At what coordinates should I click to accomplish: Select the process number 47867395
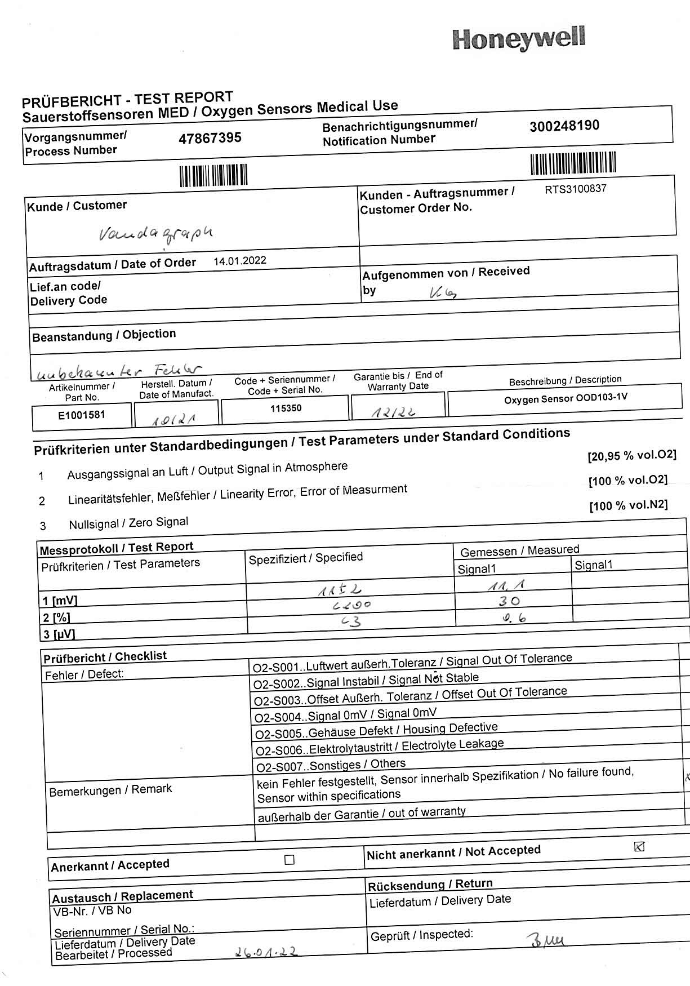210,138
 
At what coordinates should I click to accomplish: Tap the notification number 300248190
564,126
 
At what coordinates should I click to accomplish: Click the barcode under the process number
213,175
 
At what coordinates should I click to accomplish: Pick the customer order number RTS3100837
575,189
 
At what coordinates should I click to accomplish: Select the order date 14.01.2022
240,261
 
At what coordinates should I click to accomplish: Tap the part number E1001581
82,416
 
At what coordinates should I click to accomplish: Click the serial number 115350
286,408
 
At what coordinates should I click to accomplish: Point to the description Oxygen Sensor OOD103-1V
565,398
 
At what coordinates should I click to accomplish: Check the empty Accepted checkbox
290,860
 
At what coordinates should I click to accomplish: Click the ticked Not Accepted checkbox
639,846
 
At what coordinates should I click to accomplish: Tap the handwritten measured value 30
509,602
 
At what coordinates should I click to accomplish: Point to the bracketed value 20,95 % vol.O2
631,455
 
